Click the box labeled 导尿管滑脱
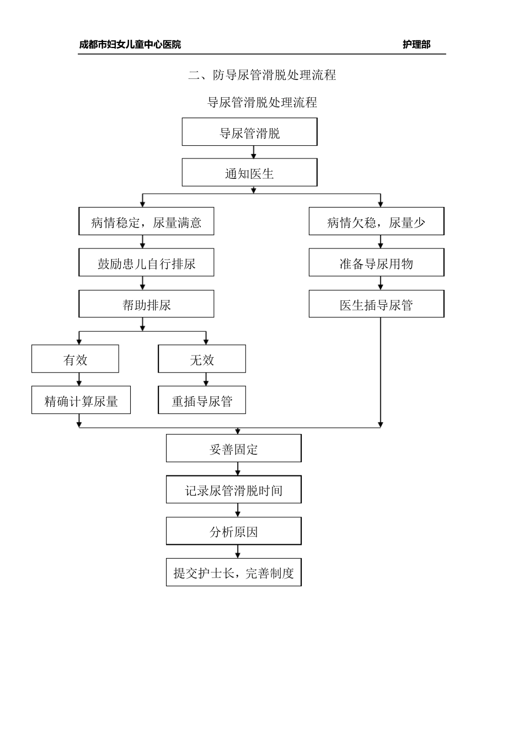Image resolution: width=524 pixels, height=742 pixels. click(249, 132)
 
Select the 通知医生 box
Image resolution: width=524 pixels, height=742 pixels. click(249, 173)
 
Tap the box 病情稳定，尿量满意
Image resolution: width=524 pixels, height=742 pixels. click(146, 221)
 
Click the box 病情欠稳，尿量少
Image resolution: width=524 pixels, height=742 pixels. click(376, 221)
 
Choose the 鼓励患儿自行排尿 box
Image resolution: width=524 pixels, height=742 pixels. click(146, 263)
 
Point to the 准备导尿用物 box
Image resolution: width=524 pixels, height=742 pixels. click(376, 263)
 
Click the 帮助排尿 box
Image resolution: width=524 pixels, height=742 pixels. click(146, 304)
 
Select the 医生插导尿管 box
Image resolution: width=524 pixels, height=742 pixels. click(376, 304)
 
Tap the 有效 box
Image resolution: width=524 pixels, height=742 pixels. click(75, 359)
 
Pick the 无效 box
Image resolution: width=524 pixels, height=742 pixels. click(202, 359)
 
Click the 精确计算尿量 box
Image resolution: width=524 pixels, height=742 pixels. click(81, 400)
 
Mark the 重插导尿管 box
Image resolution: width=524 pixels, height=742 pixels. click(202, 400)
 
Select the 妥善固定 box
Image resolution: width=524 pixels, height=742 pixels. click(234, 448)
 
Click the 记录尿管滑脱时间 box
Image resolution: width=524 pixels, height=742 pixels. click(234, 490)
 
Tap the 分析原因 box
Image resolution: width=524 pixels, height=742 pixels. click(234, 531)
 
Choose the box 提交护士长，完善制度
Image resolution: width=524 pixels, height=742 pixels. click(234, 573)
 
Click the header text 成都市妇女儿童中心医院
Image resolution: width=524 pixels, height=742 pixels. click(130, 45)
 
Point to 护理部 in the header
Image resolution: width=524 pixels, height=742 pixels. click(416, 45)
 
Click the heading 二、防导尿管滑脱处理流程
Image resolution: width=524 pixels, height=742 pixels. click(262, 75)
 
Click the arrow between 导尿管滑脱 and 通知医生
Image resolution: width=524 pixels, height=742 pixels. click(254, 152)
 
